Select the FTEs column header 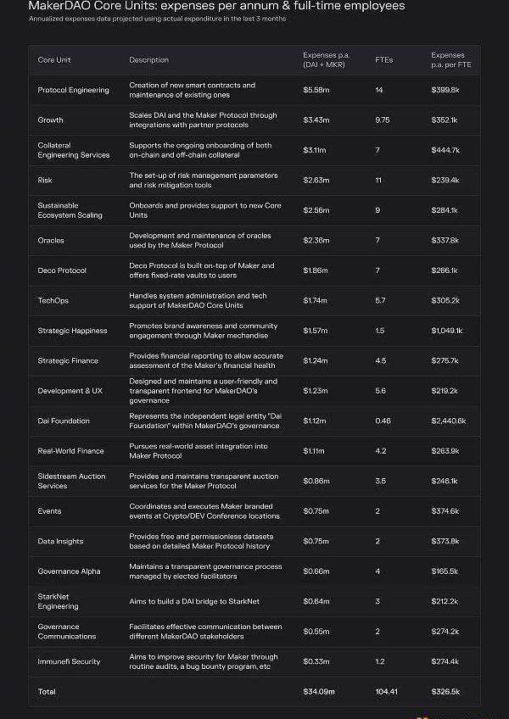(x=383, y=60)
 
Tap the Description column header (x=148, y=60)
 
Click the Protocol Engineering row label (x=73, y=90)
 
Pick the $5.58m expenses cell (x=316, y=90)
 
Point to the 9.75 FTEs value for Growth (x=383, y=120)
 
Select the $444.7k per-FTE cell (x=445, y=150)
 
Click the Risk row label (x=45, y=180)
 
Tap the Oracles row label (x=51, y=240)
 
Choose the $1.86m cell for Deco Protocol (x=315, y=270)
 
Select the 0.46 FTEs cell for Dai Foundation (x=383, y=421)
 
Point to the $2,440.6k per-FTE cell (x=449, y=421)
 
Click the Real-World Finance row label (x=70, y=451)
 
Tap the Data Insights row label (x=60, y=541)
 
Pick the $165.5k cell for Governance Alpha (x=445, y=571)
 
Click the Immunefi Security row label (x=70, y=661)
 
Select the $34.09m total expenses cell (x=319, y=692)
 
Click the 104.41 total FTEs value (x=387, y=692)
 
